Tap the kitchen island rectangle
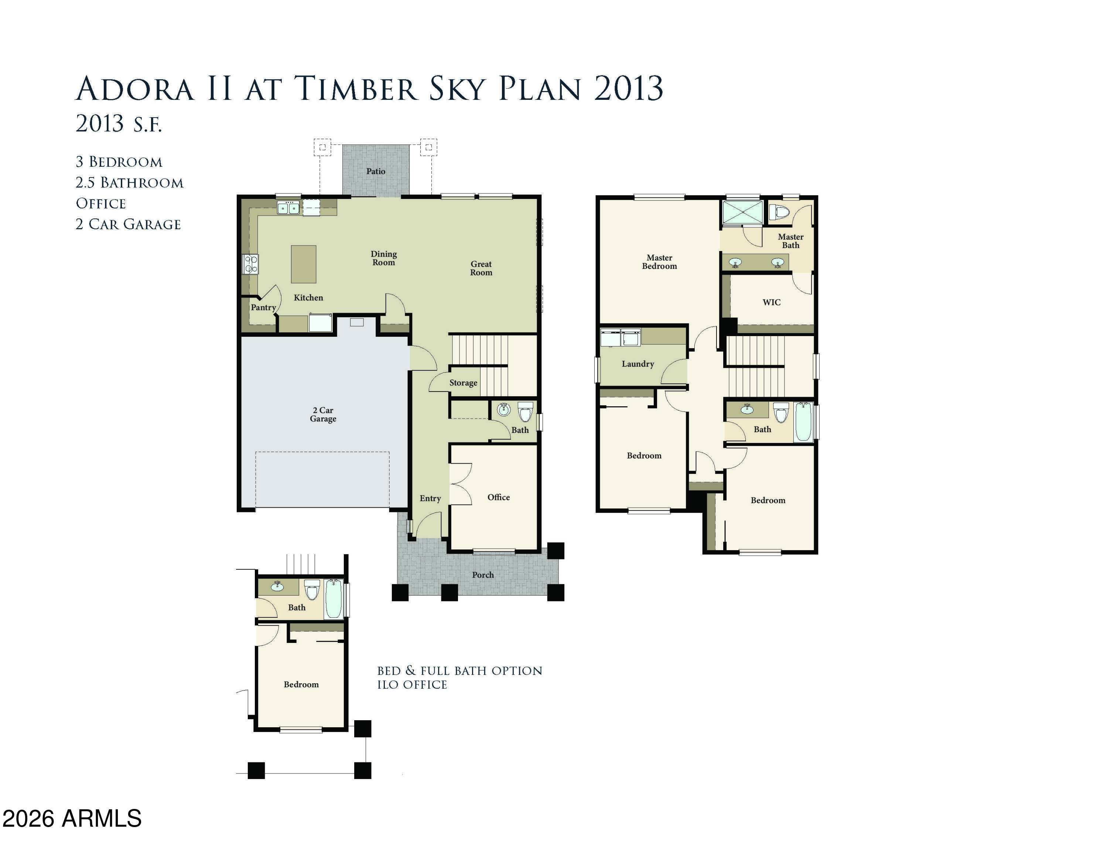coord(303,264)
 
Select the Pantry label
coord(263,307)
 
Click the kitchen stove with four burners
coord(251,264)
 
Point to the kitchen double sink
coord(288,208)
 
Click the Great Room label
coord(481,268)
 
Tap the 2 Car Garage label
coord(323,414)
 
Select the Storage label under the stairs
coord(463,383)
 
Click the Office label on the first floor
coord(498,497)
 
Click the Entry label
coord(430,498)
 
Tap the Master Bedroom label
coord(659,262)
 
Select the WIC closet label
coord(771,302)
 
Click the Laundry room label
coord(638,363)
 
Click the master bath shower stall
coord(742,212)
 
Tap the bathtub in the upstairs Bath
coord(803,422)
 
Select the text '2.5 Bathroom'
coord(129,182)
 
